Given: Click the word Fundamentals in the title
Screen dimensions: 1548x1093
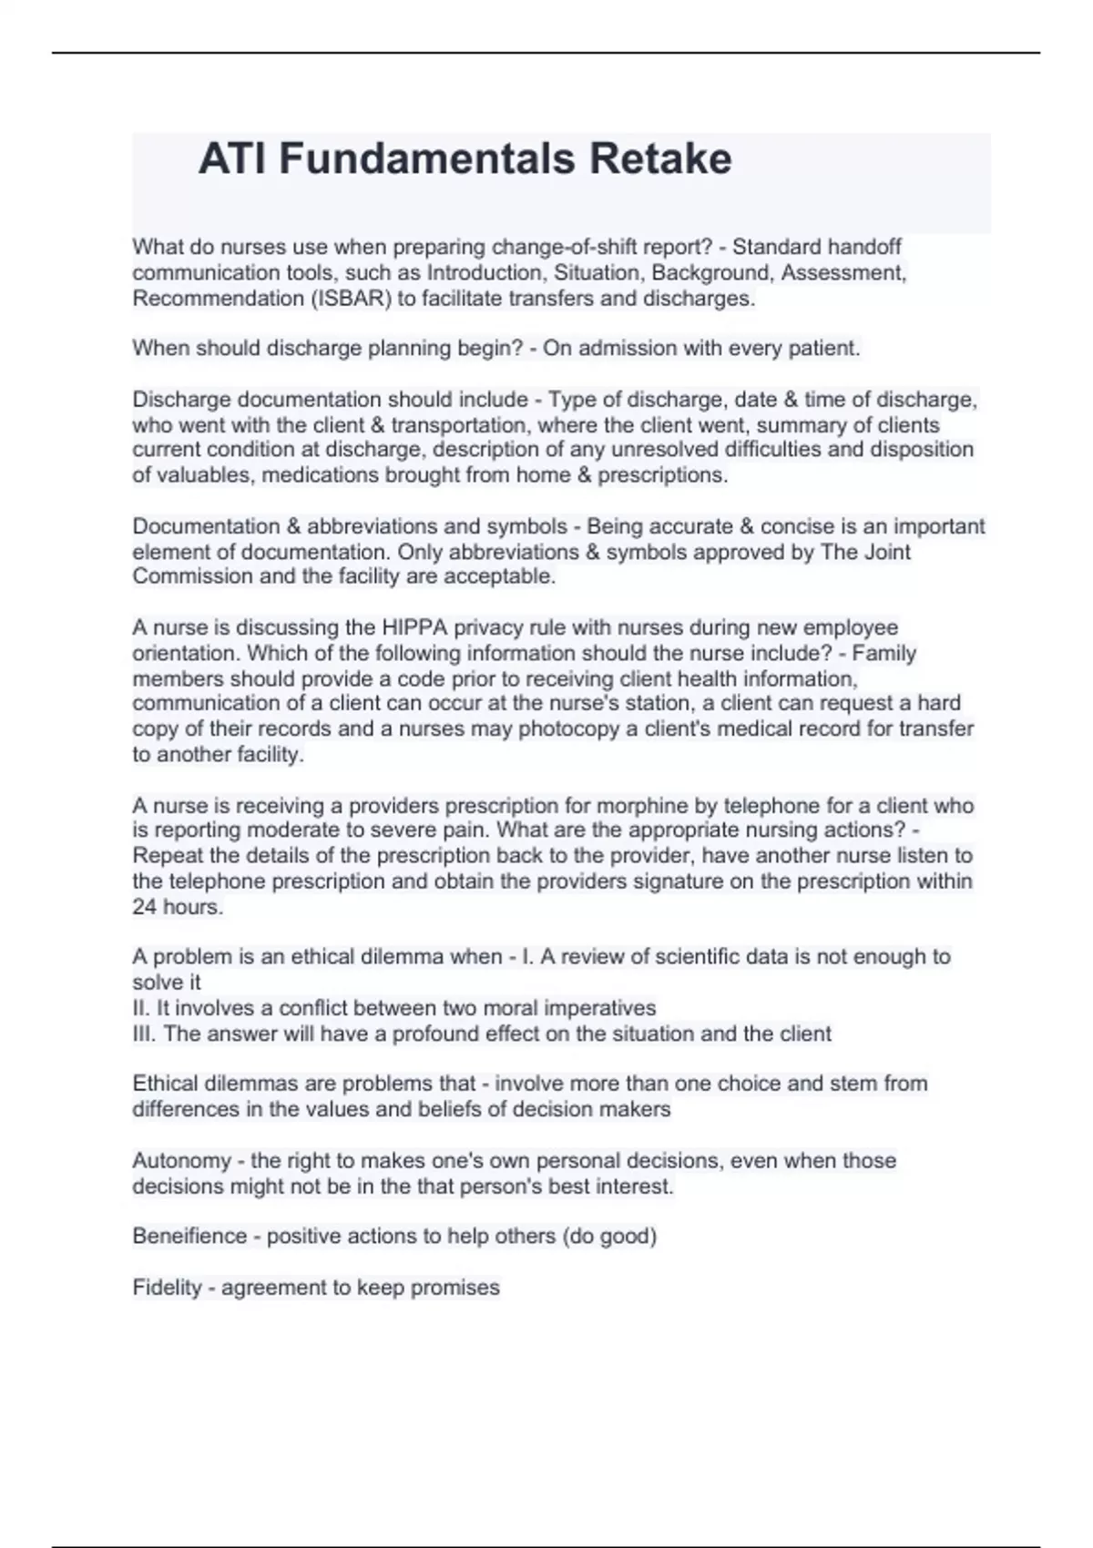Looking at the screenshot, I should (x=427, y=159).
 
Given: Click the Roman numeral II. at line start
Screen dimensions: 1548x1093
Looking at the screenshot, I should (x=142, y=1008).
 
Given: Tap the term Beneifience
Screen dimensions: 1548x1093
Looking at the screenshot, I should (x=189, y=1237).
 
